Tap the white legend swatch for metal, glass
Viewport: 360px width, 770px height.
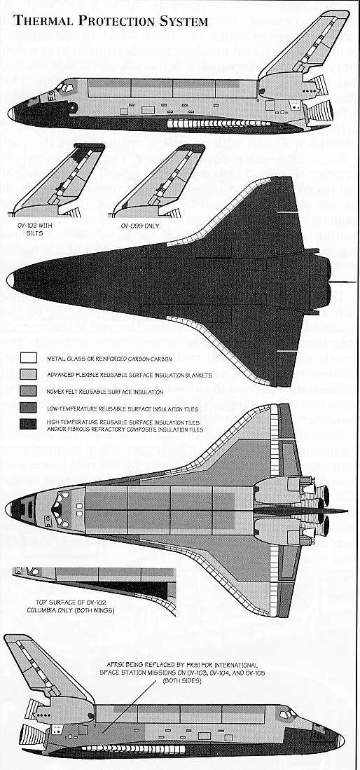point(29,358)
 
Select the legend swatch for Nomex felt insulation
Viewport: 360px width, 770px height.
point(29,392)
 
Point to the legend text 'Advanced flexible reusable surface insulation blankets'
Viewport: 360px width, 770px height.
point(130,375)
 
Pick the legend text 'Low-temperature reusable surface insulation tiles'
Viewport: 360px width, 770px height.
point(123,408)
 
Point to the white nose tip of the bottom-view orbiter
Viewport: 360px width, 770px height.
point(11,280)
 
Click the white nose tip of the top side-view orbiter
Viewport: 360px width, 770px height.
point(11,114)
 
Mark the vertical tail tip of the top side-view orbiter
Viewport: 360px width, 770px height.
point(341,14)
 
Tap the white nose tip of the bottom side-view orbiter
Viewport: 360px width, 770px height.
point(341,741)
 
